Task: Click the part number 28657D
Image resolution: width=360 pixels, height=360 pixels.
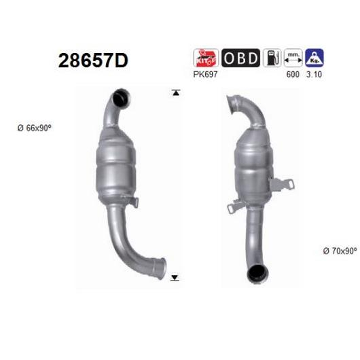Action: tap(93, 60)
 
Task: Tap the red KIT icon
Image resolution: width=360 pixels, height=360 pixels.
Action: tap(206, 58)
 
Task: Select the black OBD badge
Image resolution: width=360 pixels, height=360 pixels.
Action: tap(240, 58)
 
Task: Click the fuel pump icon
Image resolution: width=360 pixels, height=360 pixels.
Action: tap(272, 58)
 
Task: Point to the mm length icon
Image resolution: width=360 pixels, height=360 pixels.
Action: tap(293, 58)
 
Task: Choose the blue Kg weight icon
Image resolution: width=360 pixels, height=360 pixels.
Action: tap(314, 58)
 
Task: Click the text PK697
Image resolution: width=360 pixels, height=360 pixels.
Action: tap(205, 75)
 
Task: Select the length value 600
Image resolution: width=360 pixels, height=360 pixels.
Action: tap(293, 75)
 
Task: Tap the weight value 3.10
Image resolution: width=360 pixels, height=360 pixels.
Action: tap(314, 75)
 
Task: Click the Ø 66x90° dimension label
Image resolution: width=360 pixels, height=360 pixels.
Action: tap(35, 128)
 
